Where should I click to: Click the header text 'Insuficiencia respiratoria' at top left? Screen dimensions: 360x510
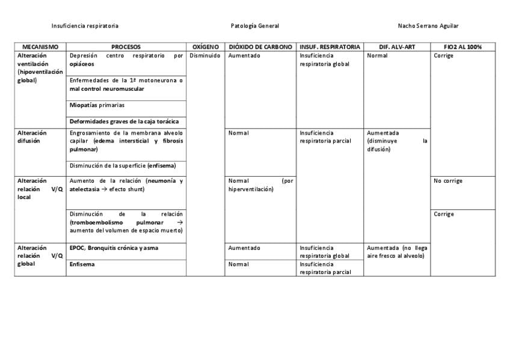pos(85,26)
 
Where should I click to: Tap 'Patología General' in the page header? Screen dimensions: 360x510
pos(254,26)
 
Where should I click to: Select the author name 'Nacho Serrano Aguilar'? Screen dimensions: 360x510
pos(428,26)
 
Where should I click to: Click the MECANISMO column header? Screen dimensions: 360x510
pos(40,47)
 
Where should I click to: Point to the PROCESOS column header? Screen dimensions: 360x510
pos(126,47)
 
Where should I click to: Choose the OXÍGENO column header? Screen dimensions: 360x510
pos(205,47)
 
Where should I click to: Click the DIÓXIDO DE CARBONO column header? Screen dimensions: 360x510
pos(260,47)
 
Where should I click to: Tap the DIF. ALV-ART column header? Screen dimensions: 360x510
pos(397,47)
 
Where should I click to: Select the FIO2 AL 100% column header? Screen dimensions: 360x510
pos(462,47)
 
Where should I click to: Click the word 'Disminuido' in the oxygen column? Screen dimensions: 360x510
pos(205,56)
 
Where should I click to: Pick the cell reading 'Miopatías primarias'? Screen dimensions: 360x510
pos(97,105)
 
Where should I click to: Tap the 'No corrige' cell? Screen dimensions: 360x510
pos(448,181)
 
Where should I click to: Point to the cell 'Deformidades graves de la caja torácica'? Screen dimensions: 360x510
pos(124,121)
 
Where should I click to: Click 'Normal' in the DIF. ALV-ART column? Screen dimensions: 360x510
pos(377,56)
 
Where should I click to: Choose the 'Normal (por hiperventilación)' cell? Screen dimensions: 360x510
pos(260,185)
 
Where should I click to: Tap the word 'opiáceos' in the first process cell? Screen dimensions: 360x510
pos(82,64)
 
